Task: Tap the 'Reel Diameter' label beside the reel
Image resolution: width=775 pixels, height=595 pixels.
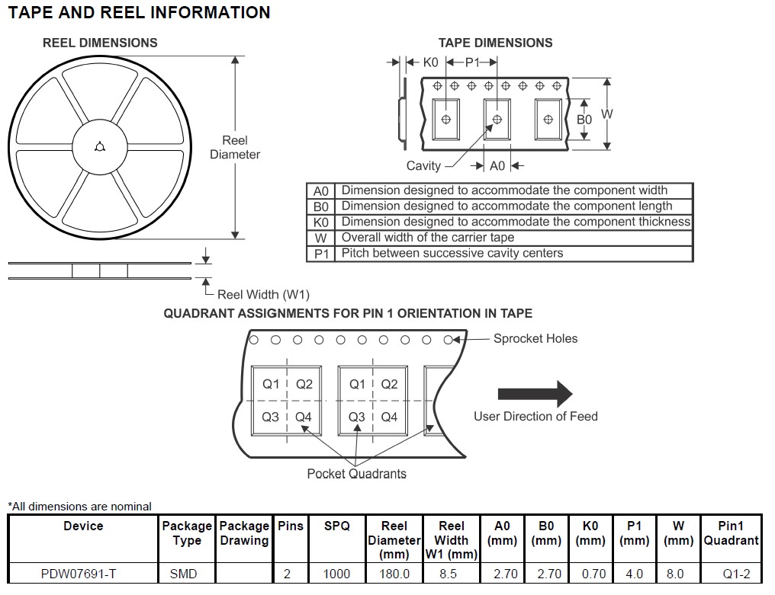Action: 235,147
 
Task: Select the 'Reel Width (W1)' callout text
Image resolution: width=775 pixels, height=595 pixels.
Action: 263,294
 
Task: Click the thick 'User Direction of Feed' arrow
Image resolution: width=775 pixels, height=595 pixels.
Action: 535,393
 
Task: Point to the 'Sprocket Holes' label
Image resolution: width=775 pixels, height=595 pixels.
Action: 535,338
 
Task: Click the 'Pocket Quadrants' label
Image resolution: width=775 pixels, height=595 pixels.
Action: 356,473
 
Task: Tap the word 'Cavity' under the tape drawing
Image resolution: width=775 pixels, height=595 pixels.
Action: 423,165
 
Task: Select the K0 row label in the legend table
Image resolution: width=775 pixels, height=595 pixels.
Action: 320,222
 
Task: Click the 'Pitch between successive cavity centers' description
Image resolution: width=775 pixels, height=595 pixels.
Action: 452,253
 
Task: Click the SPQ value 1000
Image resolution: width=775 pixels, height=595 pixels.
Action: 336,574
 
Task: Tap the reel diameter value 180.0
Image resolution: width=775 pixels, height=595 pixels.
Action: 394,574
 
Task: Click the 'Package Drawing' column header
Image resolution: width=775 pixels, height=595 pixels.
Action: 244,533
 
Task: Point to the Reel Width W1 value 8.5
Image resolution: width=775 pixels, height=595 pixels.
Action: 449,574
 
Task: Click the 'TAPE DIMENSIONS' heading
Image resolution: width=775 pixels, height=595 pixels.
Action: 495,43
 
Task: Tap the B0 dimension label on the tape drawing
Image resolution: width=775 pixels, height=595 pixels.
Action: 584,120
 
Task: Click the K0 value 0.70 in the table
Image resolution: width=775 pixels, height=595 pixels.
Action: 590,574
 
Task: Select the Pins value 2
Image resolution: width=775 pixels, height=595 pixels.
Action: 287,574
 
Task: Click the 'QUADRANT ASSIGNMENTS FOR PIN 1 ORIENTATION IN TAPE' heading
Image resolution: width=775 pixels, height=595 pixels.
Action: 348,313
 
